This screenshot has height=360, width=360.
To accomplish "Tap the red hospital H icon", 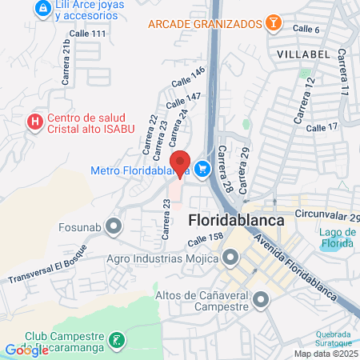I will (34, 122).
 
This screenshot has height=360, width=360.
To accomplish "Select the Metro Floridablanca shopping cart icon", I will (202, 169).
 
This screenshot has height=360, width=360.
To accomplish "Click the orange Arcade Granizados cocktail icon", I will (274, 22).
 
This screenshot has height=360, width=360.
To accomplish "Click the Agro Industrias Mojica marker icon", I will (231, 258).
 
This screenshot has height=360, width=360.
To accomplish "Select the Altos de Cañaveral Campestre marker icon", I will (261, 300).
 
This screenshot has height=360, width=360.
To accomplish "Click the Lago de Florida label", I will (338, 237).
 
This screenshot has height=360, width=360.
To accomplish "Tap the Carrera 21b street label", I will (67, 63).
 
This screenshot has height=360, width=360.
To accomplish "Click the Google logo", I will (26, 350).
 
